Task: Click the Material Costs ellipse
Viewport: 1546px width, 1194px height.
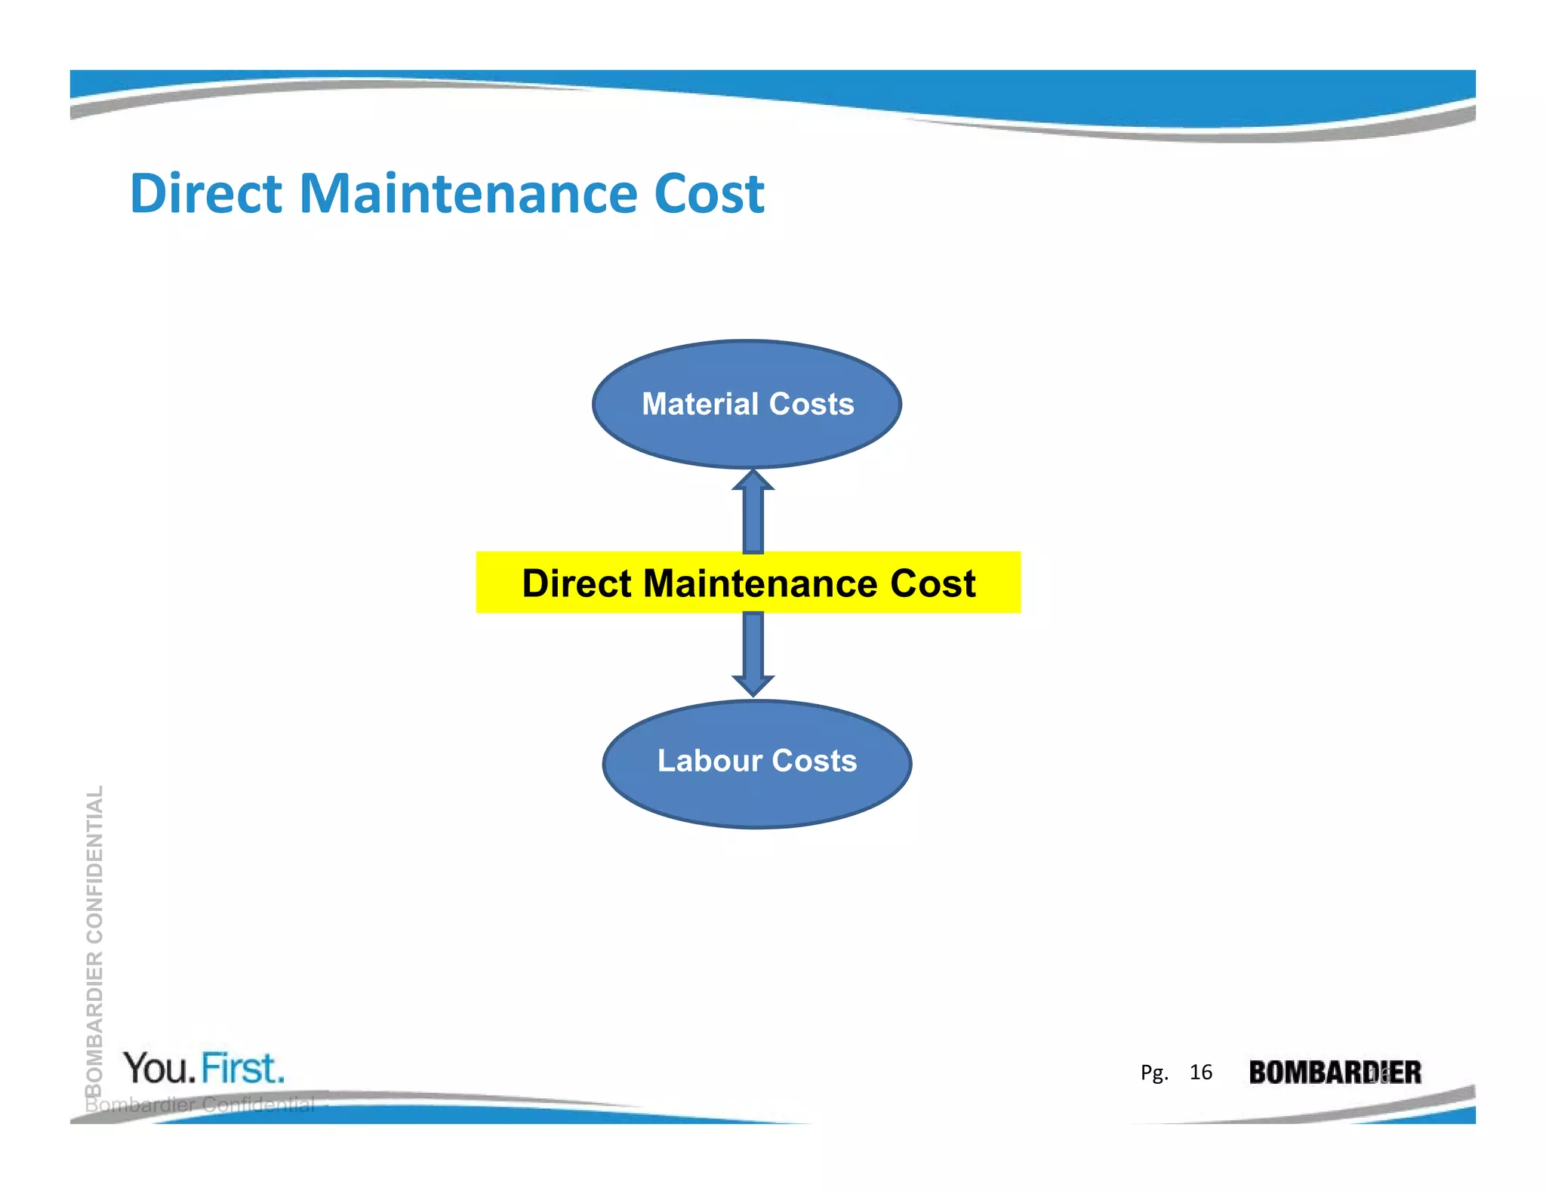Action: [x=747, y=438]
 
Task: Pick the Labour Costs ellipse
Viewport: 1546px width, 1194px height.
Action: [x=756, y=800]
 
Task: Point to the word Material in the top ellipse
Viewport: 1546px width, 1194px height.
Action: [x=700, y=405]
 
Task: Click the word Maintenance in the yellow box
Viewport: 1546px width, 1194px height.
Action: [x=760, y=583]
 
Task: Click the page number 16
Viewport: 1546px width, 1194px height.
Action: [x=1200, y=1072]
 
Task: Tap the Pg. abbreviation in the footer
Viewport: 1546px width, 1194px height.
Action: [x=1154, y=1072]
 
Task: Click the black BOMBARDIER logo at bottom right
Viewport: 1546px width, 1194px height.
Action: [x=1334, y=1072]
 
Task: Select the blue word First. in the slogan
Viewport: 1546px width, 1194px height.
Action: [x=243, y=1068]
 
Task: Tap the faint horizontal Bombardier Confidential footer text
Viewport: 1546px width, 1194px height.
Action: [x=200, y=1105]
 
